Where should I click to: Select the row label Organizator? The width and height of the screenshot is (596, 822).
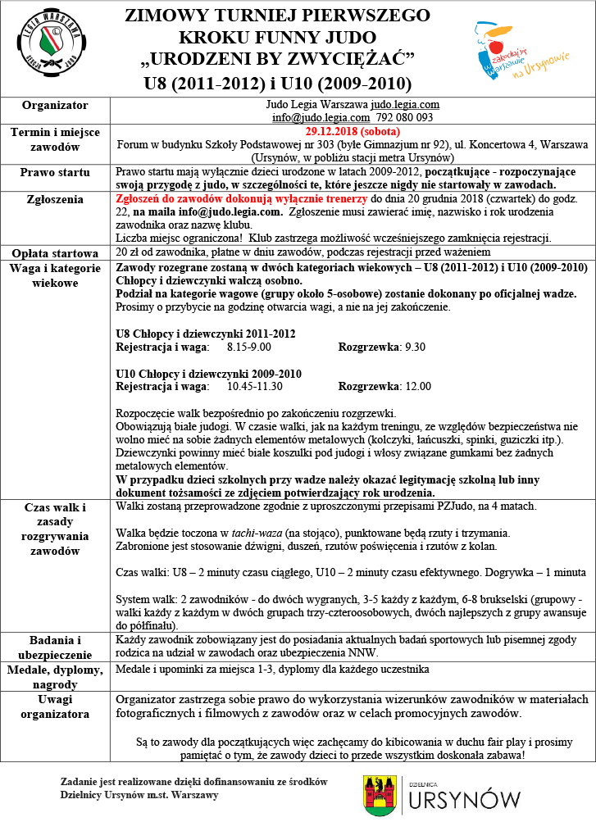55,106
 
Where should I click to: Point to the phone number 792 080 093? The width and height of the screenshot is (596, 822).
405,117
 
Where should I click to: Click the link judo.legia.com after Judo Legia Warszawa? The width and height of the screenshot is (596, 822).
405,105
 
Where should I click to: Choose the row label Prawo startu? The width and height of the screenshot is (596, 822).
55,172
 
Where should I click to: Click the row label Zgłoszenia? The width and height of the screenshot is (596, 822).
55,199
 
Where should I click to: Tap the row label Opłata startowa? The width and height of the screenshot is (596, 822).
55,252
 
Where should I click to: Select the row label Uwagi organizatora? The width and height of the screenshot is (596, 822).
55,707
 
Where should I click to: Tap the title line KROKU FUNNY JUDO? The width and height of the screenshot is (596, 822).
277,37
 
